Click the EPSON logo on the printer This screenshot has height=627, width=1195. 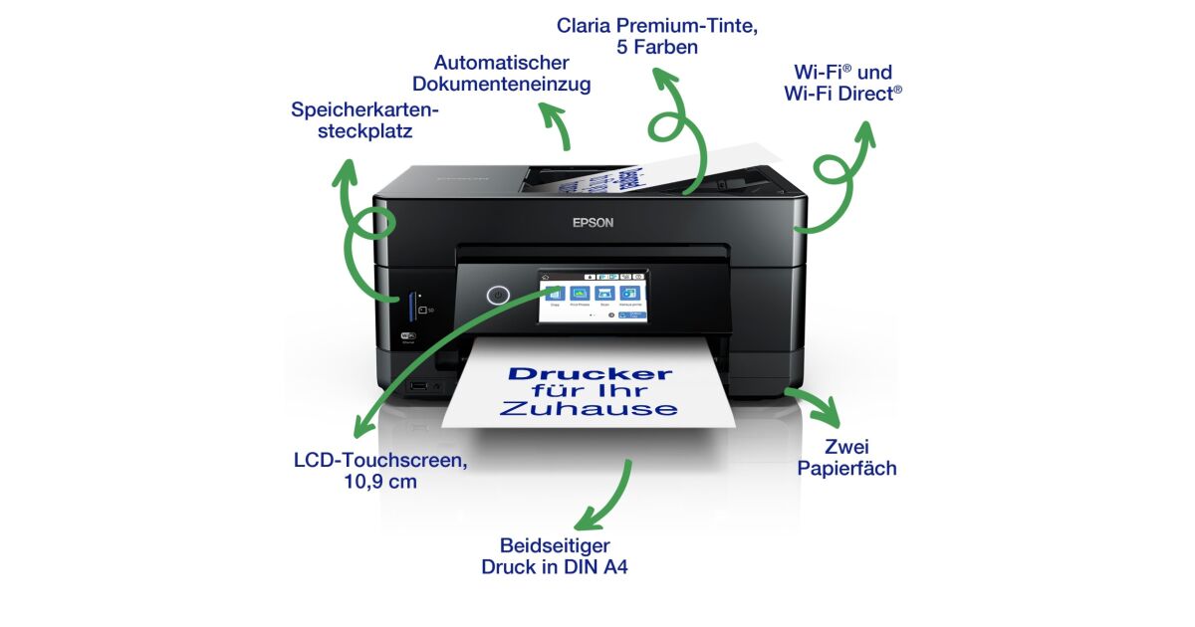(x=593, y=223)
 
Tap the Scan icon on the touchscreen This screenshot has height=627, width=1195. (x=603, y=295)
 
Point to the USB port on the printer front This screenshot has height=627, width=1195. (x=419, y=384)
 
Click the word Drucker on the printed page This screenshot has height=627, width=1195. (x=590, y=374)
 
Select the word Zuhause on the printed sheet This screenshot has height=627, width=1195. (x=589, y=409)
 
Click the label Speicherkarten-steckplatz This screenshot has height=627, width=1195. (x=364, y=119)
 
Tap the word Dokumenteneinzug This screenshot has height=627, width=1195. (x=501, y=85)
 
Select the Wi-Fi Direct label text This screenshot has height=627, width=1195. (x=842, y=94)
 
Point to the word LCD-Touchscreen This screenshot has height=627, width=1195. (x=379, y=461)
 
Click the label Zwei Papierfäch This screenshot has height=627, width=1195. (x=846, y=457)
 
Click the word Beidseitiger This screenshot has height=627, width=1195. (x=555, y=545)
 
